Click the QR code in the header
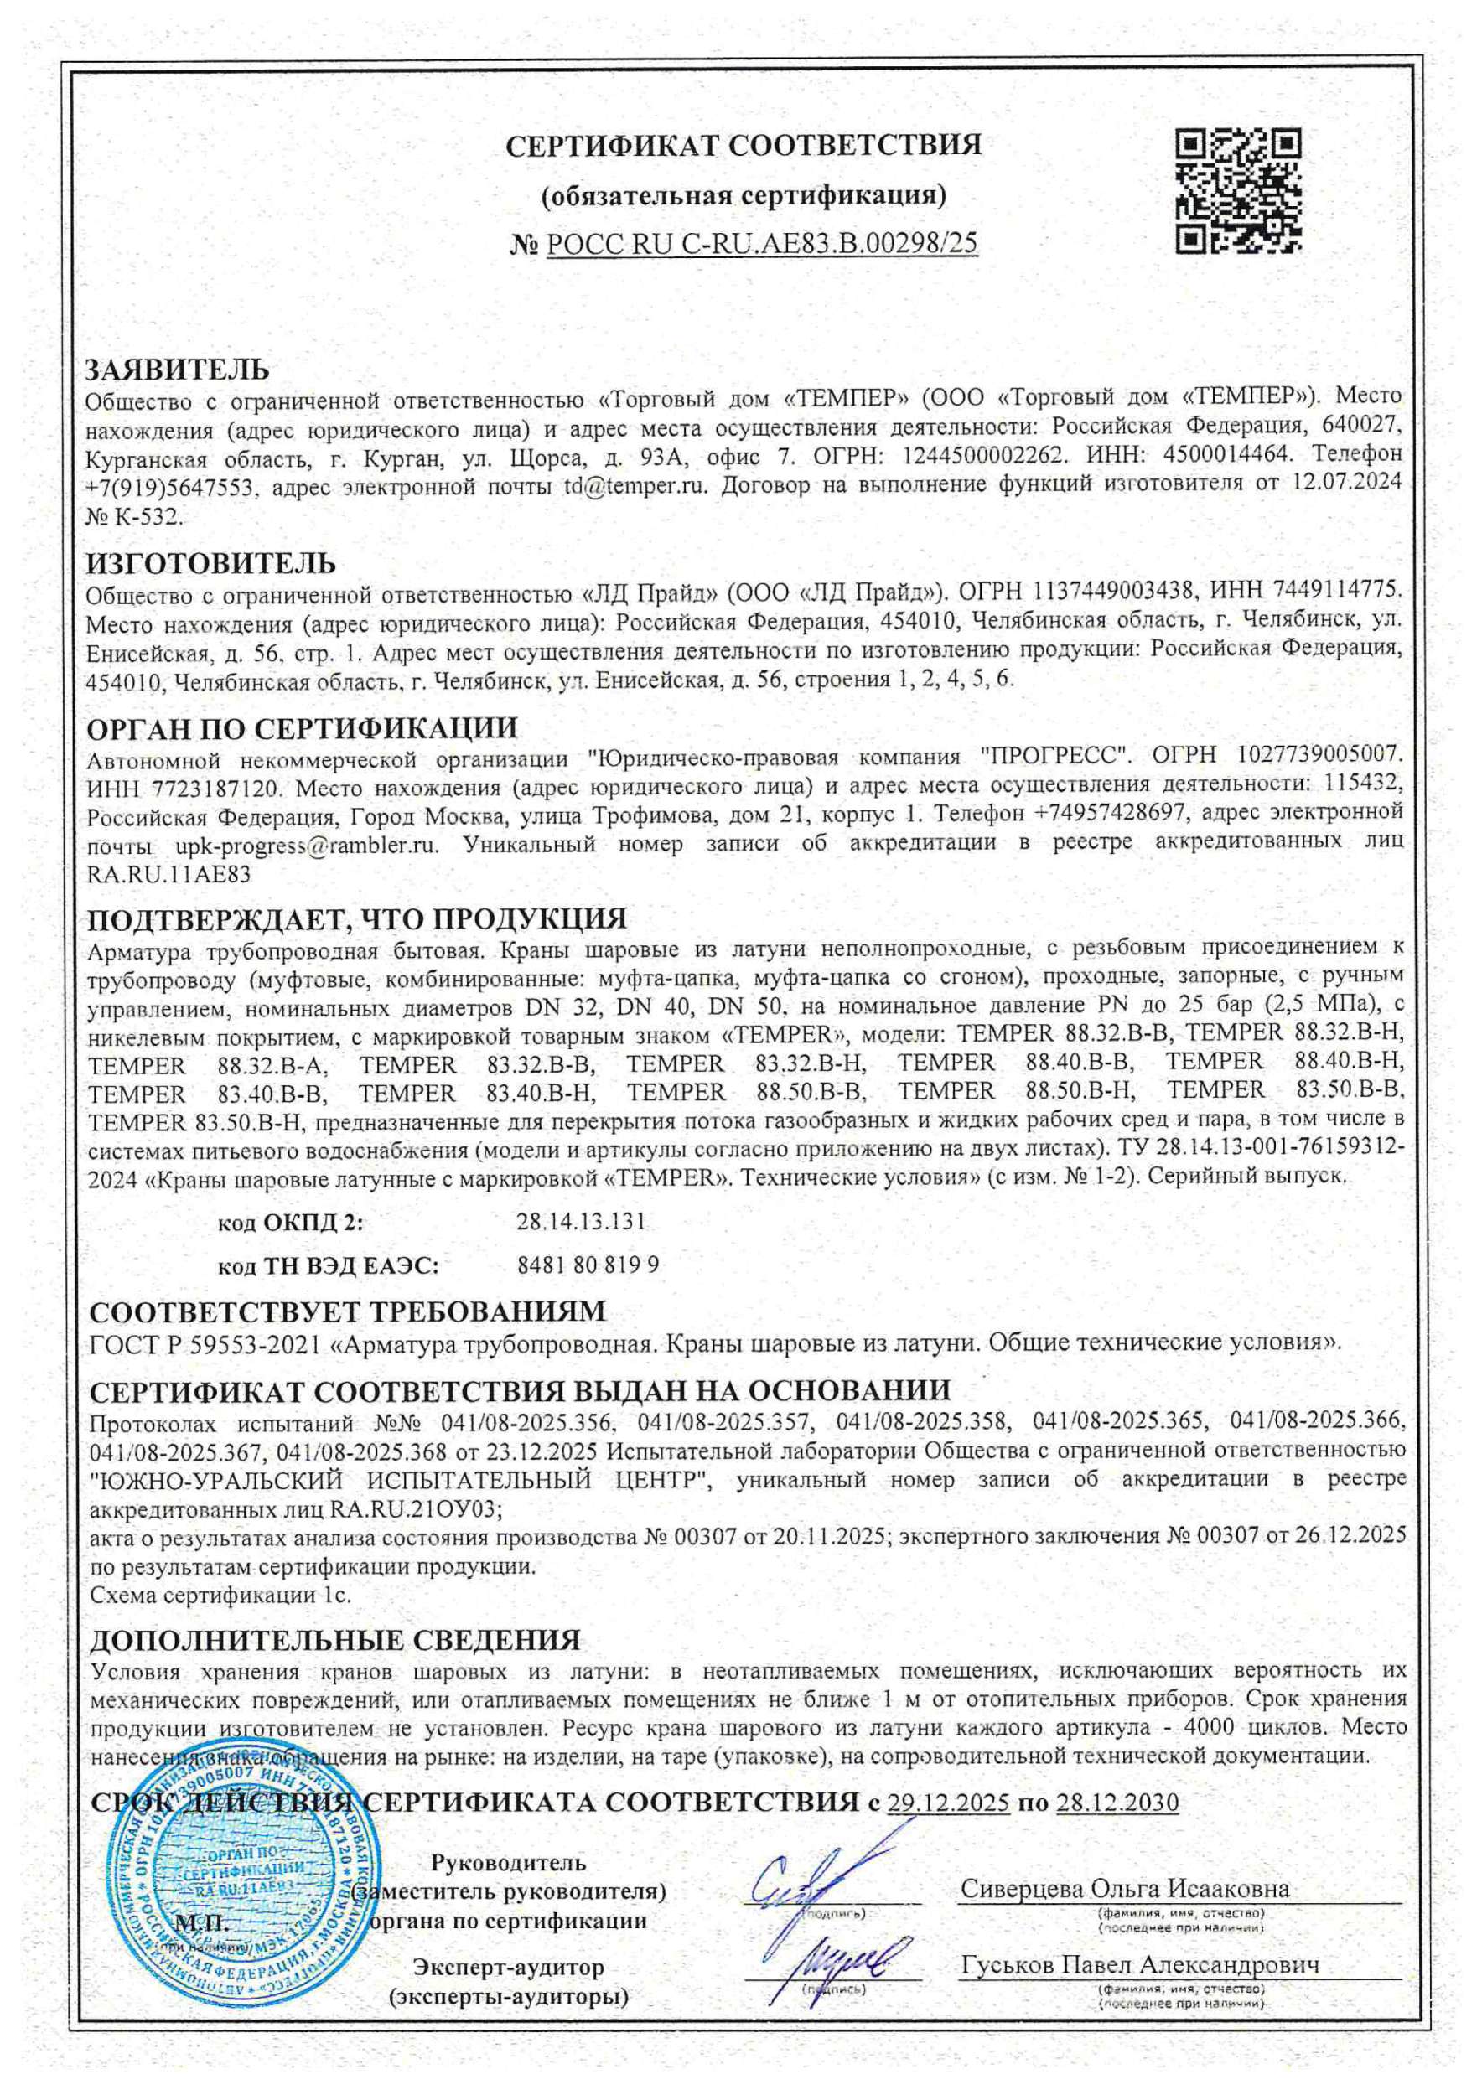tap(1238, 191)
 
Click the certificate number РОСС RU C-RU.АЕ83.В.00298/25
tap(761, 243)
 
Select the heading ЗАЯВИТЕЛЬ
tap(177, 370)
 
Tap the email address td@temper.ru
tap(636, 484)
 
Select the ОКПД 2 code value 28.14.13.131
tap(580, 1222)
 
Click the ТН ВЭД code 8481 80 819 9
tap(588, 1265)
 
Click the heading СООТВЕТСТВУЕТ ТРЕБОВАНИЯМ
tap(348, 1312)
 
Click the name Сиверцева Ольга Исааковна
tap(1124, 1889)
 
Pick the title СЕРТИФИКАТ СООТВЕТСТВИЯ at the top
tap(744, 145)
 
